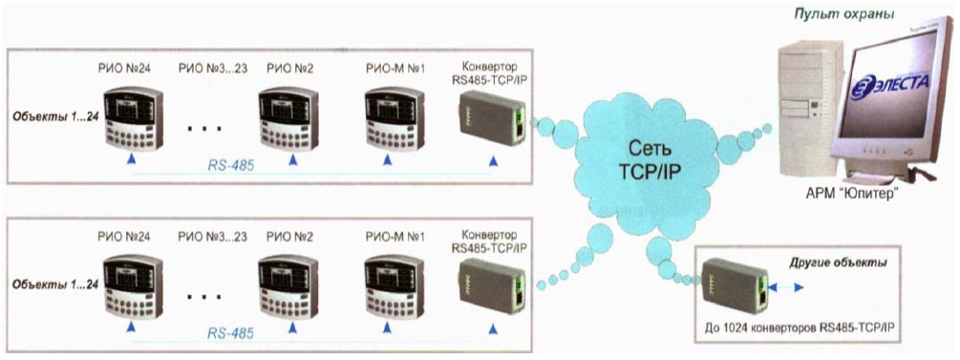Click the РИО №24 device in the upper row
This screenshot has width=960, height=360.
[x=133, y=117]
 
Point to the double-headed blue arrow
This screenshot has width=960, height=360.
[x=785, y=286]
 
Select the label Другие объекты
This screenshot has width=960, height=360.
[x=838, y=263]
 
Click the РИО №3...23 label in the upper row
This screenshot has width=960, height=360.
[x=213, y=69]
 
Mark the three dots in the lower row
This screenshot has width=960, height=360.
[x=203, y=298]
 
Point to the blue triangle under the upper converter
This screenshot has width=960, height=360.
[x=494, y=161]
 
